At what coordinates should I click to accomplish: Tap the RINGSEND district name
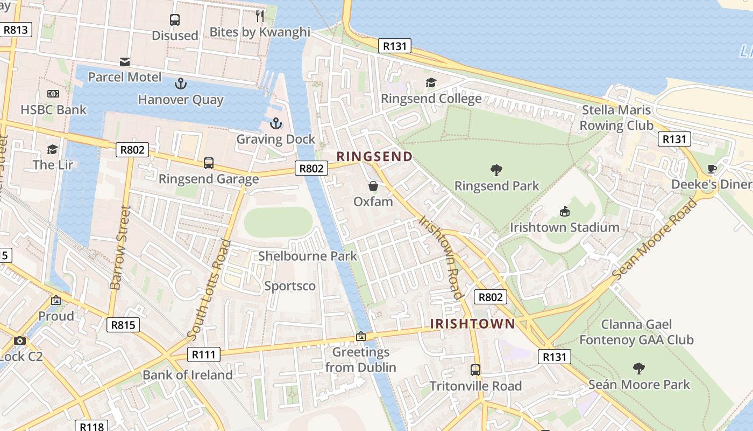(374, 157)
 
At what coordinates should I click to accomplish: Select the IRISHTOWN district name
(472, 324)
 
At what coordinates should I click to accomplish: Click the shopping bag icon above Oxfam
(373, 186)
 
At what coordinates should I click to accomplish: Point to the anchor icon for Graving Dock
(275, 123)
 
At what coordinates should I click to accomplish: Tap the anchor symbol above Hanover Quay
(181, 84)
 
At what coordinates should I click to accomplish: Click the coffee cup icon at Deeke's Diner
(712, 169)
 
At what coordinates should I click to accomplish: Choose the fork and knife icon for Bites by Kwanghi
(260, 16)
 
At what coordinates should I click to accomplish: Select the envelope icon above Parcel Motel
(125, 61)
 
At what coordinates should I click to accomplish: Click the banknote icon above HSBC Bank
(53, 94)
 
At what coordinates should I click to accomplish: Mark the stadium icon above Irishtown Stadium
(564, 211)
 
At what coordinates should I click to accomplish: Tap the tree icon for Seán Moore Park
(638, 369)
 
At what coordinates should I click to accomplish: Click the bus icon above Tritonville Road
(475, 370)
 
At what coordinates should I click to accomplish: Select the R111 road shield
(204, 354)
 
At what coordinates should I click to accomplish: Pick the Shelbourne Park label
(307, 256)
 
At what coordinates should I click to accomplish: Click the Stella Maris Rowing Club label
(616, 118)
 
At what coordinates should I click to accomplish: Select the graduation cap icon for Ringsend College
(431, 82)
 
